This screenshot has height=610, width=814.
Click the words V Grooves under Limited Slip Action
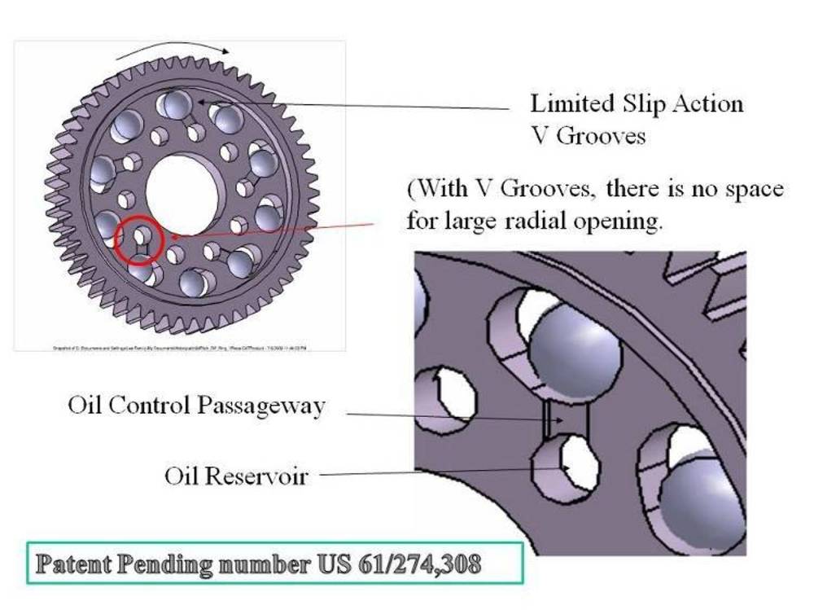[588, 135]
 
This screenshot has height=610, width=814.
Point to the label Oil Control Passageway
[195, 405]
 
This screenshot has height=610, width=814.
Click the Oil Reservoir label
[236, 475]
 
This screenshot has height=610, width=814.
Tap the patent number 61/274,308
[424, 564]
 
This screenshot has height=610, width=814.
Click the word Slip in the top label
[642, 104]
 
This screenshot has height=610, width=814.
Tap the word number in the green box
[260, 564]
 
